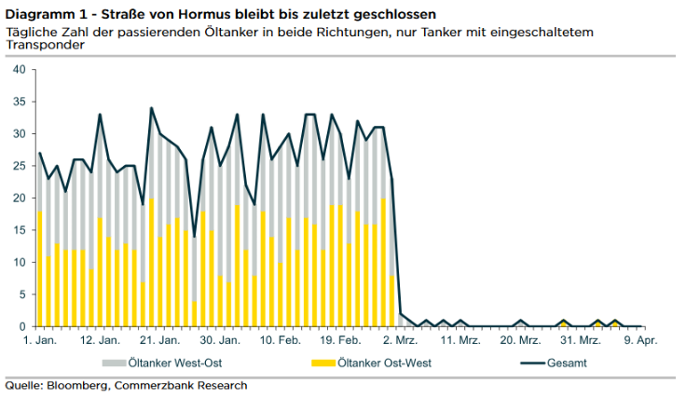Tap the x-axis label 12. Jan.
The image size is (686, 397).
tap(100, 341)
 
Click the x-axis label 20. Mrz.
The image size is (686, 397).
tap(518, 341)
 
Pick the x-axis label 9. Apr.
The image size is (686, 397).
tap(641, 341)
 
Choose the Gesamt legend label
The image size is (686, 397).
tap(568, 363)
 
